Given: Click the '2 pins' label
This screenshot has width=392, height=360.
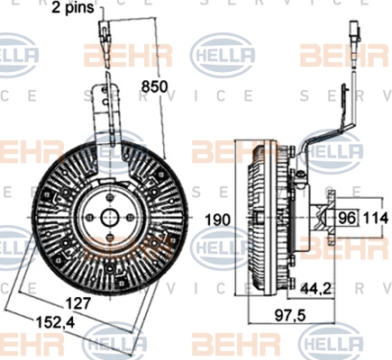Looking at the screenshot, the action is coord(73,7).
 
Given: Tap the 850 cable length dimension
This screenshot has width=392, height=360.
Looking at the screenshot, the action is coord(154,87).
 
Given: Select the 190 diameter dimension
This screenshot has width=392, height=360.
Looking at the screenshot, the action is coord(218,220).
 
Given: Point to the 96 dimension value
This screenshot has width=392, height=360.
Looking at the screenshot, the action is coord(347,218).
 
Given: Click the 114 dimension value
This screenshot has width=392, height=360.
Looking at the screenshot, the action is coord(376,218).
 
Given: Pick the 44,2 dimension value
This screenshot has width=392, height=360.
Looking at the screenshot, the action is coord(315,289).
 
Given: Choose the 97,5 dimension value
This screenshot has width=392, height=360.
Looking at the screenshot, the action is coord(290,315).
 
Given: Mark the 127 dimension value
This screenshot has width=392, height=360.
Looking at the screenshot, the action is coord(77,303).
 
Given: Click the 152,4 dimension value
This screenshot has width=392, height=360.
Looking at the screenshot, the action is coord(55,322).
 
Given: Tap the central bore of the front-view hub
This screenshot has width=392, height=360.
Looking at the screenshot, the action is coord(110,217).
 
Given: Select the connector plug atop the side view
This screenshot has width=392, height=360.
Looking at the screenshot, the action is coord(354,32).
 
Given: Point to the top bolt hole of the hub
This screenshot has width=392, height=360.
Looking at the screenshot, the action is coord(110,197).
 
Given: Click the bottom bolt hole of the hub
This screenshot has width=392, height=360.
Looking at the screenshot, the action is coord(109,238).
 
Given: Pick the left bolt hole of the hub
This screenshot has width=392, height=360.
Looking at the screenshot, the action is coord(89,217).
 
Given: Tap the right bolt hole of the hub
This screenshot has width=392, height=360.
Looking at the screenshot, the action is coord(130,217).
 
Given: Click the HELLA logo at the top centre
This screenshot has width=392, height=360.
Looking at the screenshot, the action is coord(223,55).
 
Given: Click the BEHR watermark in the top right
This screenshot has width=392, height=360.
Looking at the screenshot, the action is coord(344,56).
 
